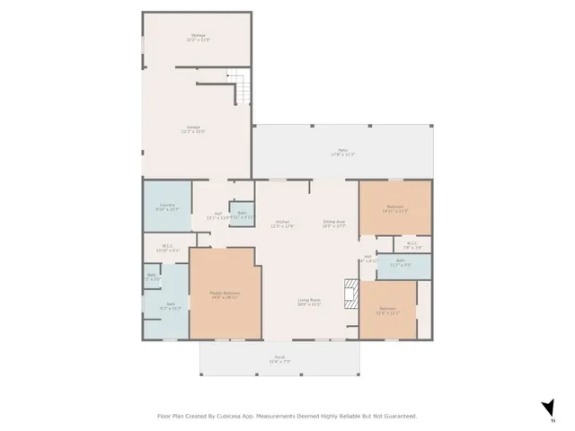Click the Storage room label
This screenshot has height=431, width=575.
pyautogui.click(x=197, y=37)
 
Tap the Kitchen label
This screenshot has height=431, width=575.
pyautogui.click(x=282, y=224)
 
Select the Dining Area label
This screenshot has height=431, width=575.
pyautogui.click(x=334, y=224)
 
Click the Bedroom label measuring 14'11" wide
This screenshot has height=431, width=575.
pyautogui.click(x=395, y=209)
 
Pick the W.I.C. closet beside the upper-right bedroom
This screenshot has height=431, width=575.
pyautogui.click(x=411, y=244)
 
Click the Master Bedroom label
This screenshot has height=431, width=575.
pyautogui.click(x=224, y=295)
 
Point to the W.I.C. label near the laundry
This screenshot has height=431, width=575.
pyautogui.click(x=167, y=249)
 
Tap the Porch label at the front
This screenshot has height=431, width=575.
pyautogui.click(x=279, y=359)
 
